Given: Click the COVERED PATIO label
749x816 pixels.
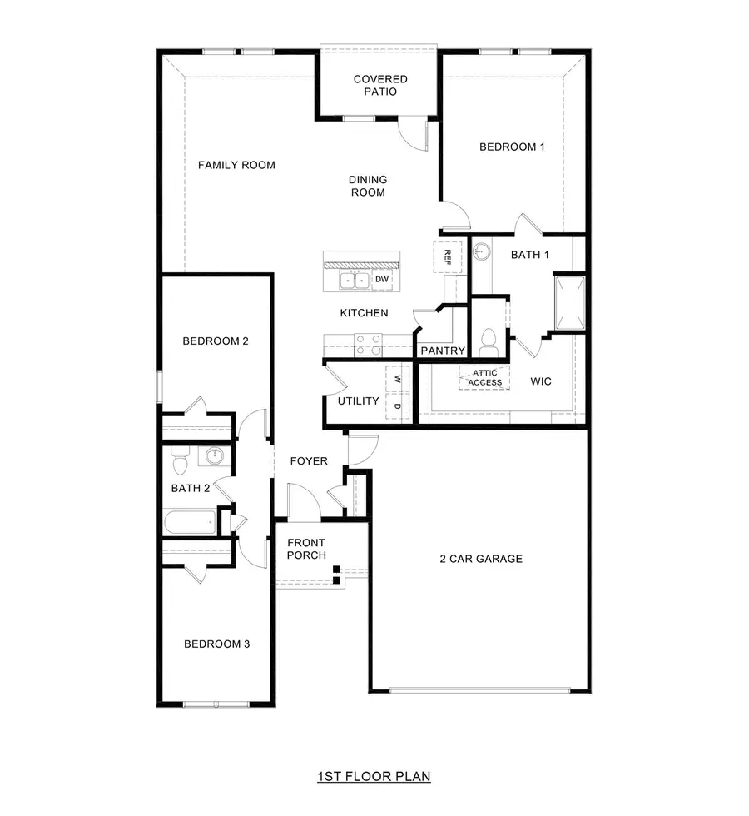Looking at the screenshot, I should [379, 85].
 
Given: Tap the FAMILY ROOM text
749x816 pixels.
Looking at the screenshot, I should [236, 165].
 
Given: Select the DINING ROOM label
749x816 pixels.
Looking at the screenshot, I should [368, 186].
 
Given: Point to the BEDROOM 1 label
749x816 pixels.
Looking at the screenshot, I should [512, 147].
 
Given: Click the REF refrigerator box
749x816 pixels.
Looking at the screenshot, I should [446, 256].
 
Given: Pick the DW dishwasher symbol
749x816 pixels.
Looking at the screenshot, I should [382, 280].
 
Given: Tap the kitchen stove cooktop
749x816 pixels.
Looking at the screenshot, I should [368, 344].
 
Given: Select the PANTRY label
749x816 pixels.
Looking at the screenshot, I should [442, 351].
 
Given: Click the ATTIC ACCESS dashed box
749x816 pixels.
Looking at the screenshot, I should [484, 378].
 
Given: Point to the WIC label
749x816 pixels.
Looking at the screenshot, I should [541, 381].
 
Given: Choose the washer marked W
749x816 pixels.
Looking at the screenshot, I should [398, 379].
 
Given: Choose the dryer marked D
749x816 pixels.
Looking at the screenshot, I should [398, 406].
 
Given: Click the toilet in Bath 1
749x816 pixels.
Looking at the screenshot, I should [489, 341].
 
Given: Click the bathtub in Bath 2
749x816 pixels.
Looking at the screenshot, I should [191, 523].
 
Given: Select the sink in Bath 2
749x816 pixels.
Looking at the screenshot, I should [216, 455].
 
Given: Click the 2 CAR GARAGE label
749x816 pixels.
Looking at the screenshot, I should [481, 559].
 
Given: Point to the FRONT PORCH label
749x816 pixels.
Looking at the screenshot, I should [306, 549].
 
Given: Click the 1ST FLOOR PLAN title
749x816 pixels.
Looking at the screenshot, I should [374, 777].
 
